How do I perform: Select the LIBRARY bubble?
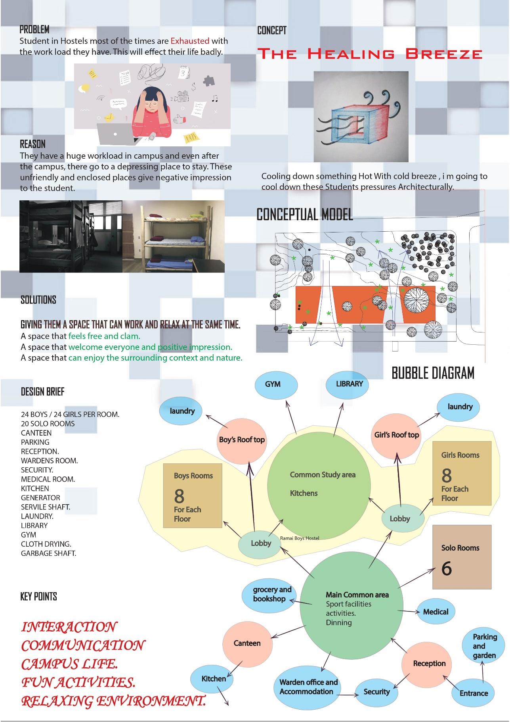coord(349,384)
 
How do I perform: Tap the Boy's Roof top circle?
coord(242,440)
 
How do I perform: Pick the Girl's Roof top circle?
coord(396,435)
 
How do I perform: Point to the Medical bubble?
coord(436,612)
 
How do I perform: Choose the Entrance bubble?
coord(474,693)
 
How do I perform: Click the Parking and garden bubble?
coord(484,646)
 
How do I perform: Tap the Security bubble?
coord(376,691)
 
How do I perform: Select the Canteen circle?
coord(247,643)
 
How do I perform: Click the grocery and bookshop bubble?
coord(271,594)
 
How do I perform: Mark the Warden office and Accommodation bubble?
coord(308,687)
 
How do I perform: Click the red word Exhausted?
coord(190,40)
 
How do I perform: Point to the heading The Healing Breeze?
coord(370,54)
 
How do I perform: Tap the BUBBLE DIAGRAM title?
coord(433,373)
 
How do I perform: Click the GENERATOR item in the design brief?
coord(40,497)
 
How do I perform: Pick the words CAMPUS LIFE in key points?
coord(69,664)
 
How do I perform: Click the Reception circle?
coord(429,663)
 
